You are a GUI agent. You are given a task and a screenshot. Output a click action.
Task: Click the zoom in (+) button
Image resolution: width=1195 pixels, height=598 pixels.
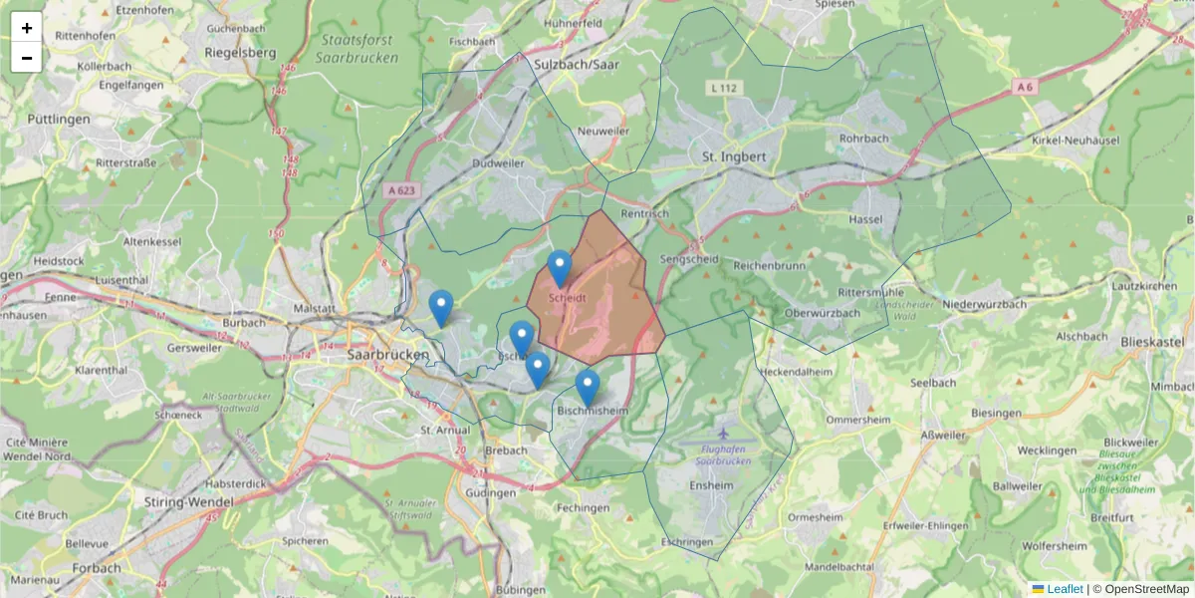click(x=27, y=28)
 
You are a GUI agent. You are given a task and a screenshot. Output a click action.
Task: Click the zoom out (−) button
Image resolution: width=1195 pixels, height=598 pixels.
click(x=27, y=58)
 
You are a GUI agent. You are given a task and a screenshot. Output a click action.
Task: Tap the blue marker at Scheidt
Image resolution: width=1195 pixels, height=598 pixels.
click(x=560, y=268)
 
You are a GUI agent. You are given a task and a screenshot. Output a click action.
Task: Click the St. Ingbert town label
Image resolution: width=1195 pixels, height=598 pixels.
click(x=734, y=156)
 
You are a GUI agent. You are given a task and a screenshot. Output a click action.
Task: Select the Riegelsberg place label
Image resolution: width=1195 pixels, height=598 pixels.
click(x=239, y=52)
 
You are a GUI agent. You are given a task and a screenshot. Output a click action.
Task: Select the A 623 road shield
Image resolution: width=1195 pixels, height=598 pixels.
click(x=403, y=189)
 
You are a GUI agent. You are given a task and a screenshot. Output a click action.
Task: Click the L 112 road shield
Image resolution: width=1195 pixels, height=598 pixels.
click(x=726, y=89)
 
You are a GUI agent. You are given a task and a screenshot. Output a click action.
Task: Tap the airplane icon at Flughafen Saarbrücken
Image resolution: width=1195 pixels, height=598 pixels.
click(x=723, y=436)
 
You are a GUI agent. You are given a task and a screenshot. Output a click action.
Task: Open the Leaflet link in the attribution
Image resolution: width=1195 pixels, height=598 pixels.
click(x=1064, y=589)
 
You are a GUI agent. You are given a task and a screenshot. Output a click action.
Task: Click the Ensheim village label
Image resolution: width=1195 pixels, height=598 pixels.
click(x=711, y=485)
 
